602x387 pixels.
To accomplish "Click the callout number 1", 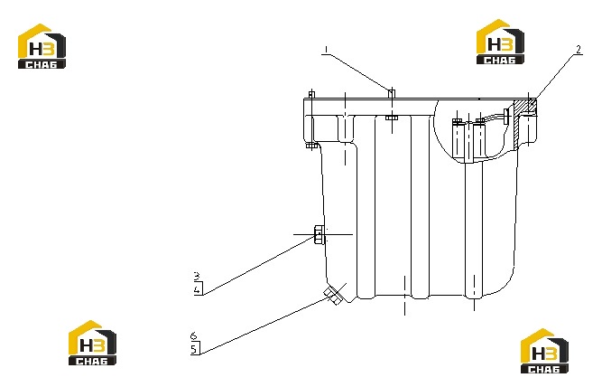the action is click(x=327, y=50).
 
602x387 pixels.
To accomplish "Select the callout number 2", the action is click(x=579, y=49).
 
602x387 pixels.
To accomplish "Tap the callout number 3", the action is click(x=197, y=276).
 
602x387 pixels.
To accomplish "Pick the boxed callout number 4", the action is click(x=198, y=289).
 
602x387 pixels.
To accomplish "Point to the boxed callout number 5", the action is click(x=195, y=349).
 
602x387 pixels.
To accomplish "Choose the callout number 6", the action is click(x=194, y=335).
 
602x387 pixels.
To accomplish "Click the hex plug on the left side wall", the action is click(x=319, y=235).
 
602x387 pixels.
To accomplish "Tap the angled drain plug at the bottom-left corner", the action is click(x=332, y=297).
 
